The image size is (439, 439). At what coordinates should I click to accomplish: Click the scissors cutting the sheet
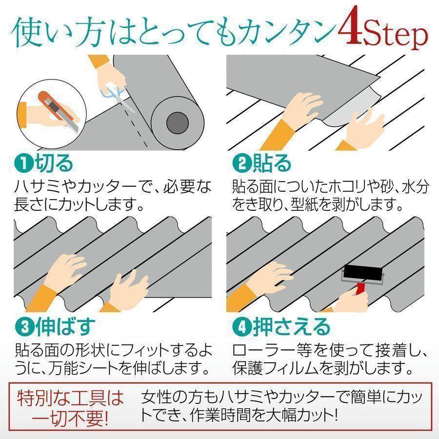(x=118, y=97)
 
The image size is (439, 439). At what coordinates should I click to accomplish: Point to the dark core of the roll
(x=178, y=123)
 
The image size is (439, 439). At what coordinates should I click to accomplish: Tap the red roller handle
(x=360, y=289)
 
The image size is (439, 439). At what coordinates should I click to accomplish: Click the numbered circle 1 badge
(x=24, y=164)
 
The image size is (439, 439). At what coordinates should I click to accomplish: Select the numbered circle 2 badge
(x=242, y=164)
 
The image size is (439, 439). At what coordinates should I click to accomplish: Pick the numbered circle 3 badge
(x=25, y=327)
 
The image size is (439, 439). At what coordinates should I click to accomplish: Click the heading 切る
(x=54, y=164)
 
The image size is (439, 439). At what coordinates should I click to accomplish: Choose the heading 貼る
(x=272, y=164)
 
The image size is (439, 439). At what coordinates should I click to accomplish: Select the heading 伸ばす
(x=65, y=327)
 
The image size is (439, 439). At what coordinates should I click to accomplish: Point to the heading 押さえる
(x=292, y=327)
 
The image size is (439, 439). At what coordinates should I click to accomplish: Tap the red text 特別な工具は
(x=70, y=398)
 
